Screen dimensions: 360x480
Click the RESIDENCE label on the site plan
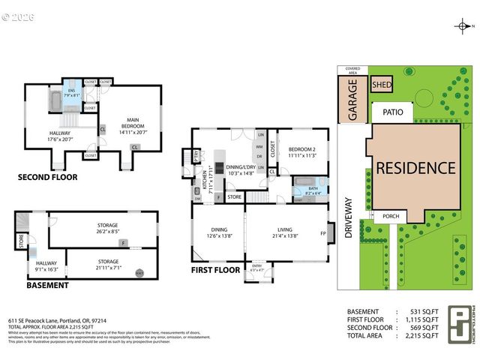click(x=415, y=168)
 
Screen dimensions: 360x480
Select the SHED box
click(x=382, y=85)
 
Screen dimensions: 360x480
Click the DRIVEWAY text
click(x=348, y=217)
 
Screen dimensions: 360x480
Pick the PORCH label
click(x=391, y=217)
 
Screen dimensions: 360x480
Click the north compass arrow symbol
click(x=463, y=27)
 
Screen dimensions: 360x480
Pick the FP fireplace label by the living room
click(x=323, y=233)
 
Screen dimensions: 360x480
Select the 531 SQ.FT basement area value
click(x=421, y=311)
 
